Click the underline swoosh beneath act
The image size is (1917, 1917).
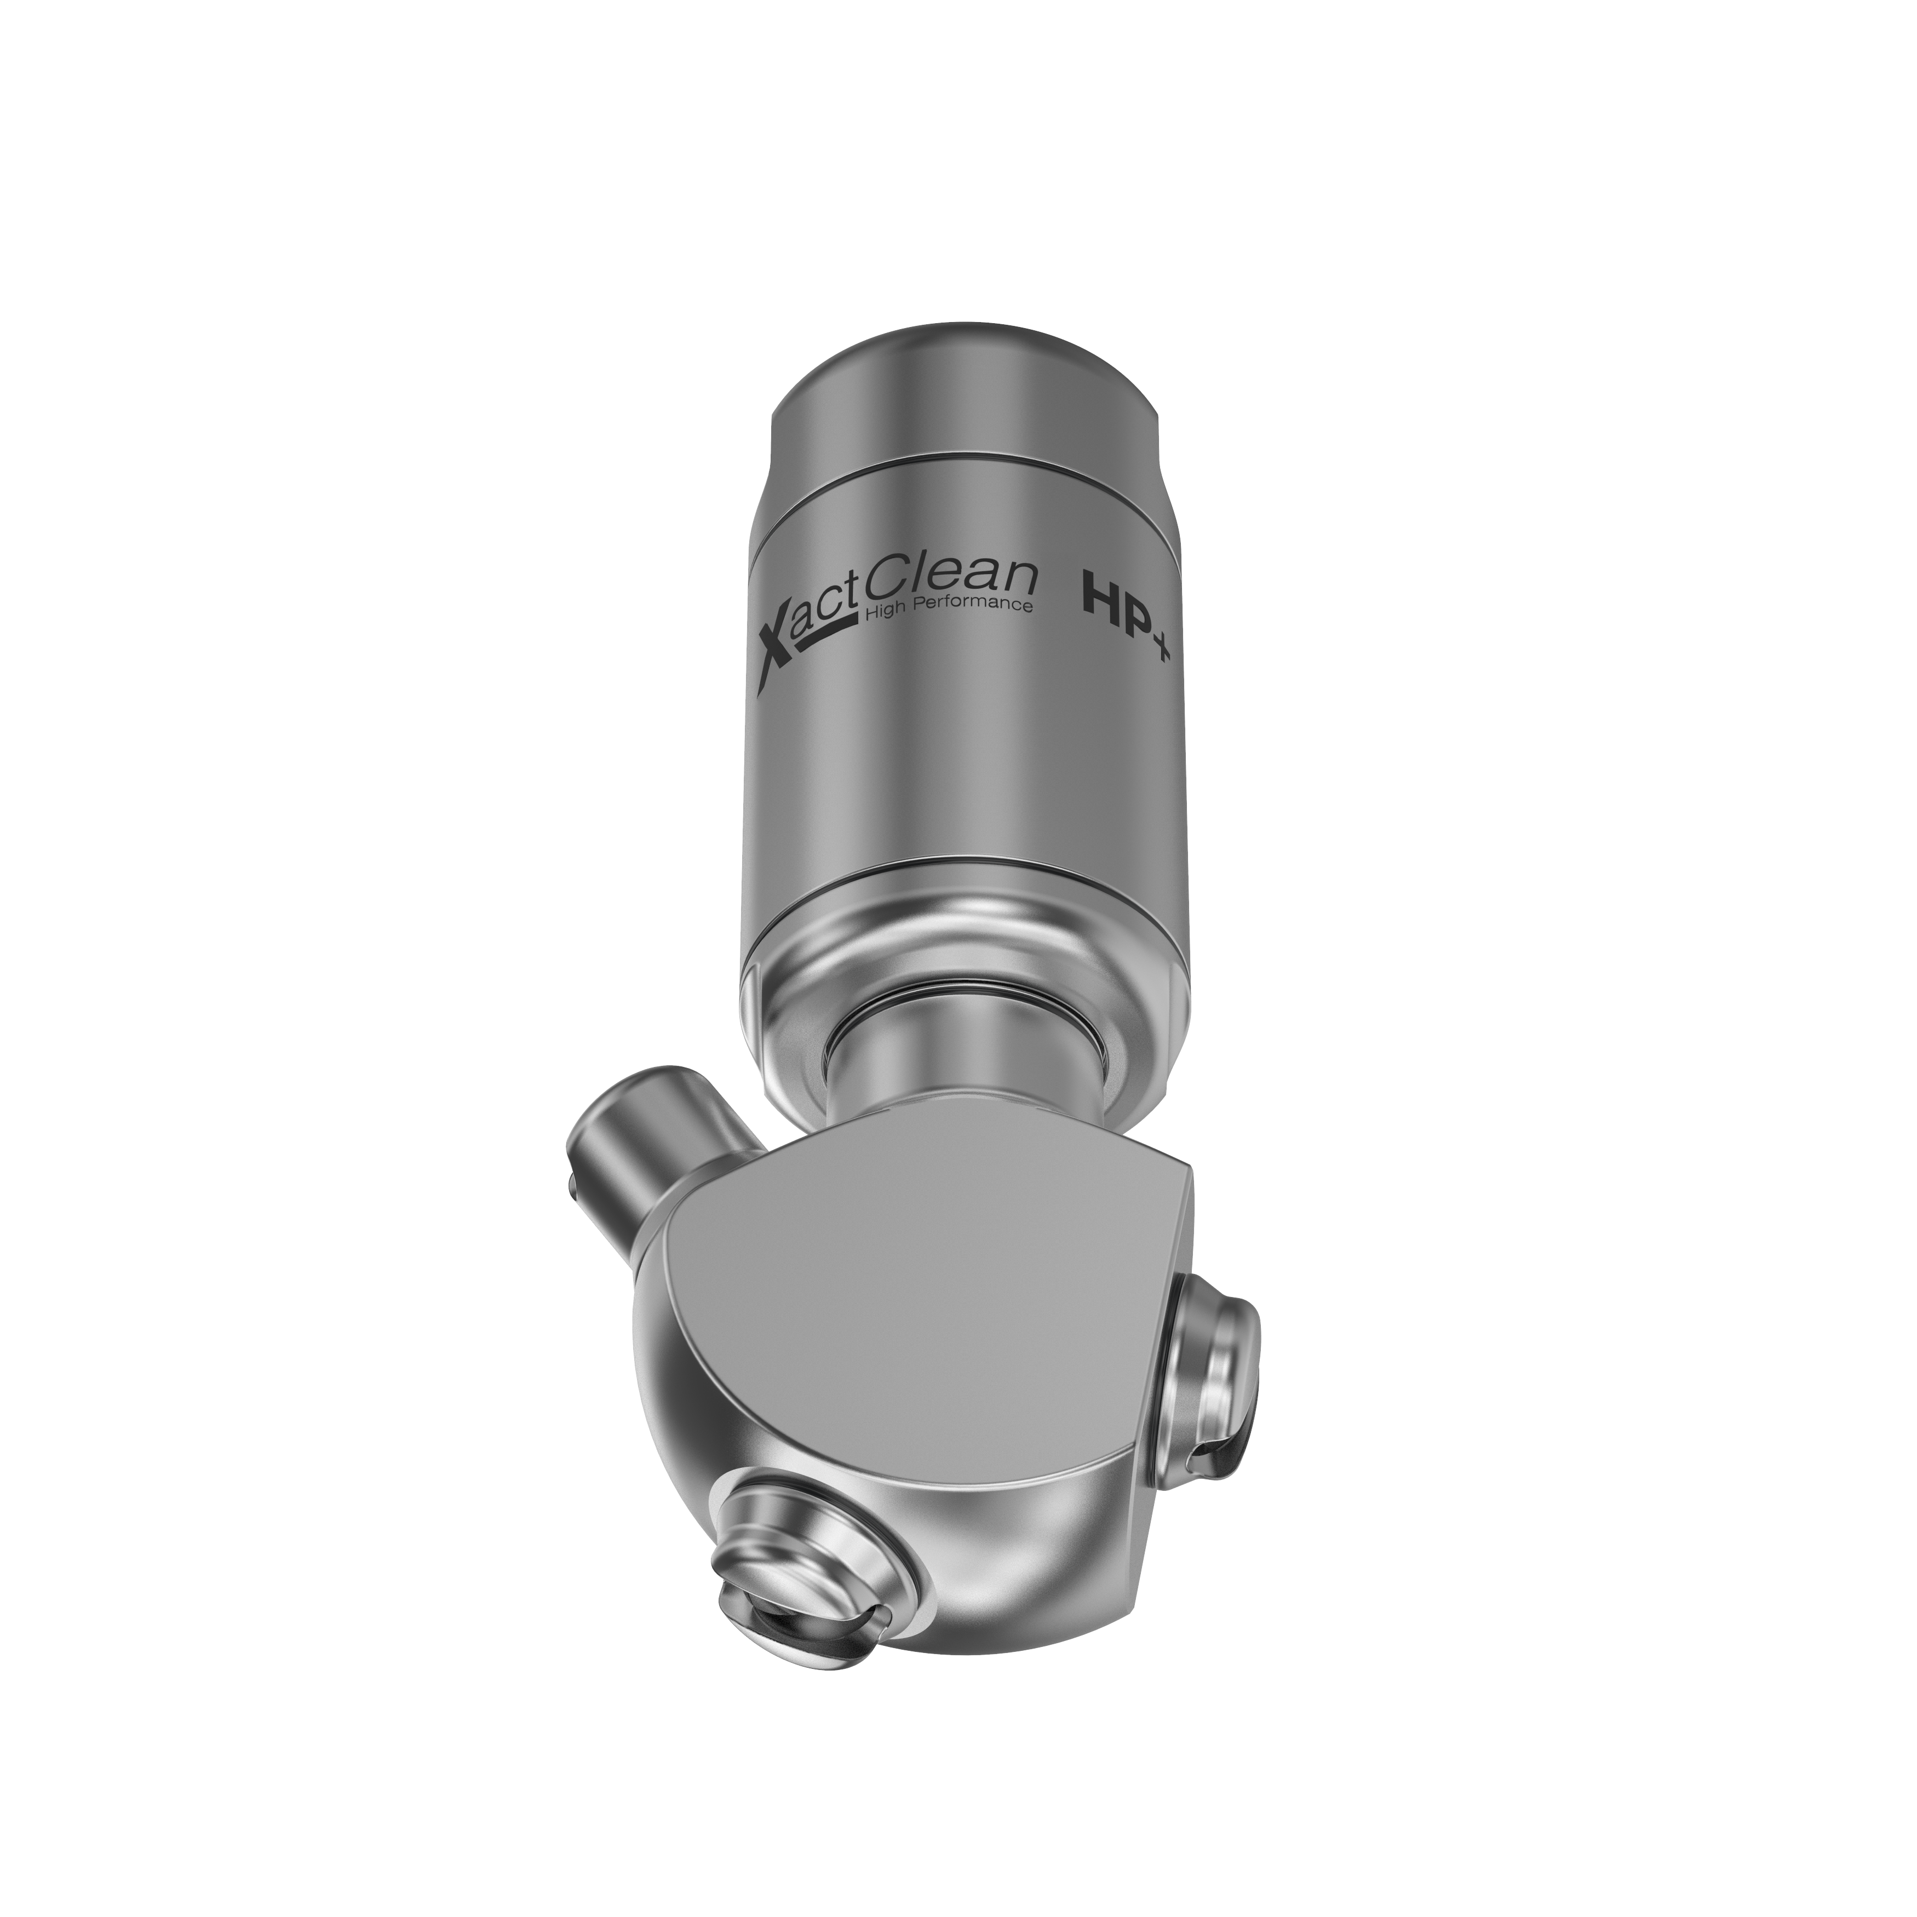point(824,635)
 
